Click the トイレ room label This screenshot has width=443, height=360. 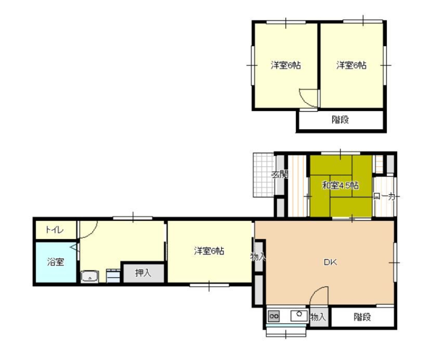[55, 230]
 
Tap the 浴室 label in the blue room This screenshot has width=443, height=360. [55, 262]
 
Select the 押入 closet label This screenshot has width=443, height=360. [143, 273]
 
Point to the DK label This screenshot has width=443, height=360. [330, 262]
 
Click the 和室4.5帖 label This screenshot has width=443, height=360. [341, 186]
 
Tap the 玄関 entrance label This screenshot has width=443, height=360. [280, 175]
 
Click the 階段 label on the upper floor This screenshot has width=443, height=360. [340, 120]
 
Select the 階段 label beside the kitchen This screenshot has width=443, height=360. [362, 317]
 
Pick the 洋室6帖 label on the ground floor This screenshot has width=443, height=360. [209, 251]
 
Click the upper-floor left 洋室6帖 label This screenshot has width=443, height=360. [285, 65]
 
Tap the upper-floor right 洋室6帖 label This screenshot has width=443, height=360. [351, 65]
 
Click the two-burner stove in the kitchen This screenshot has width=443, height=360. [274, 316]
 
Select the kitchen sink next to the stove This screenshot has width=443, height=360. [299, 315]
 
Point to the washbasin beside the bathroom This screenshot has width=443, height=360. [90, 277]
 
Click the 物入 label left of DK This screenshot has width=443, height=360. [258, 256]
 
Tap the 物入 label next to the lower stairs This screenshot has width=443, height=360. [318, 317]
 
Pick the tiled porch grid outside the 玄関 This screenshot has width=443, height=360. [264, 175]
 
